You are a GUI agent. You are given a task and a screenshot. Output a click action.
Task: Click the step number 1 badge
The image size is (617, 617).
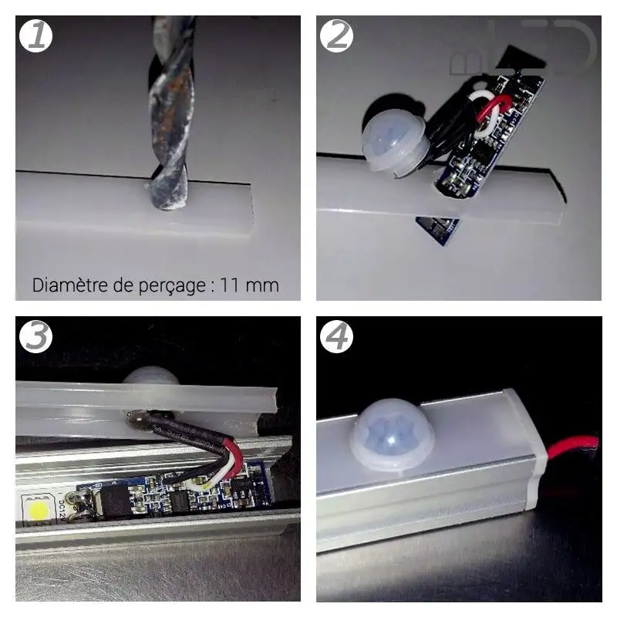(x=36, y=35)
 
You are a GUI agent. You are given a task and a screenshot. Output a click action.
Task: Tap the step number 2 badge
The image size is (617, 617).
(x=337, y=35)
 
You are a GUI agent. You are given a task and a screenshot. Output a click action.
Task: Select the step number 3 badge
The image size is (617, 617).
(x=36, y=336)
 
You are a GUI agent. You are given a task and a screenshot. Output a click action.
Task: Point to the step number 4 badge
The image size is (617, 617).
(x=337, y=336)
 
